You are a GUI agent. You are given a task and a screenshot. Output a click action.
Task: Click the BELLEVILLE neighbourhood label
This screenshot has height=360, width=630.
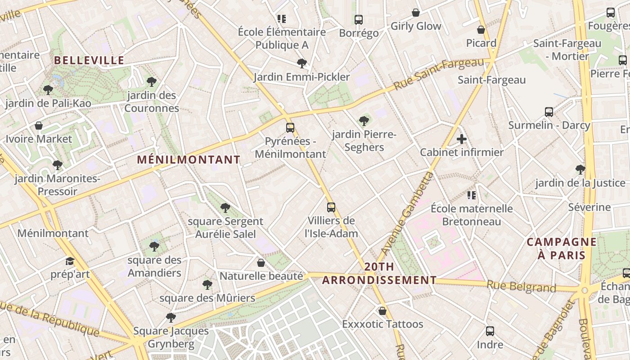pos(89,60)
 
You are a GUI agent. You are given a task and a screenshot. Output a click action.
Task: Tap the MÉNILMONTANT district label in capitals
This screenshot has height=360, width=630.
pos(189,160)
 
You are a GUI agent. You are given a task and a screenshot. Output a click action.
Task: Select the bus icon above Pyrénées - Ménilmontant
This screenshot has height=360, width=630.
pos(290,128)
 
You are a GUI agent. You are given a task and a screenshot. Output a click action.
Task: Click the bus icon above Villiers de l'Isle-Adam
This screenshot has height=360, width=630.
pos(331,207)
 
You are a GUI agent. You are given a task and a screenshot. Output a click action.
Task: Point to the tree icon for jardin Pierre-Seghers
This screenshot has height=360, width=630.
pos(364,121)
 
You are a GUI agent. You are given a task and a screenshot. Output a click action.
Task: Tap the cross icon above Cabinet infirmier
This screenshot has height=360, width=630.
pos(461,139)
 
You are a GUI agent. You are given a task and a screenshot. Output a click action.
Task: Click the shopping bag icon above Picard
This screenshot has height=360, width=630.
pos(481,30)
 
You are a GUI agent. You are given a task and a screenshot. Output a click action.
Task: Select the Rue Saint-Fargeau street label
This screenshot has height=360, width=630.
pos(441,73)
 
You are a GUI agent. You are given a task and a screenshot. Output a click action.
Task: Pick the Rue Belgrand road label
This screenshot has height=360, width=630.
pos(521,286)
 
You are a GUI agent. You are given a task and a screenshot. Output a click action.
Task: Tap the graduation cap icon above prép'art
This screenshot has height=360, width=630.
pos(70,261)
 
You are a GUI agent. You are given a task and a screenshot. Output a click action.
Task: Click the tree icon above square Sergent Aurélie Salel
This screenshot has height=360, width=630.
pos(225,208)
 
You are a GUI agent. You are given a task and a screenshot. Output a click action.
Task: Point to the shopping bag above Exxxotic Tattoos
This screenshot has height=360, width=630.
pos(382,311)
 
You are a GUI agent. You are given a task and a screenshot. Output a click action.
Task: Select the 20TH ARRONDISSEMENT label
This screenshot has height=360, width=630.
pos(379,274)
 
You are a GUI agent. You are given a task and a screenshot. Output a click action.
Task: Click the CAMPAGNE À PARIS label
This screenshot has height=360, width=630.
pos(562,248)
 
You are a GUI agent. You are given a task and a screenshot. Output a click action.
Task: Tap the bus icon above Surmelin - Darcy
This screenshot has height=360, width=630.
pos(549,112)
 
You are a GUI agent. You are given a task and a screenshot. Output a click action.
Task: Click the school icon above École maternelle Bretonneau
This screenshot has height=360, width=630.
pos(472,195)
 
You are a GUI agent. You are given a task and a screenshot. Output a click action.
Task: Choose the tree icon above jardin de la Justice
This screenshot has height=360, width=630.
pos(580,170)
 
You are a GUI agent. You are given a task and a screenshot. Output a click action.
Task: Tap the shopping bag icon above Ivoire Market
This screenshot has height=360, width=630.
pos(39,126)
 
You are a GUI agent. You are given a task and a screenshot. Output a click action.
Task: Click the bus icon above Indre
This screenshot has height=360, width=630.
pos(490,332)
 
